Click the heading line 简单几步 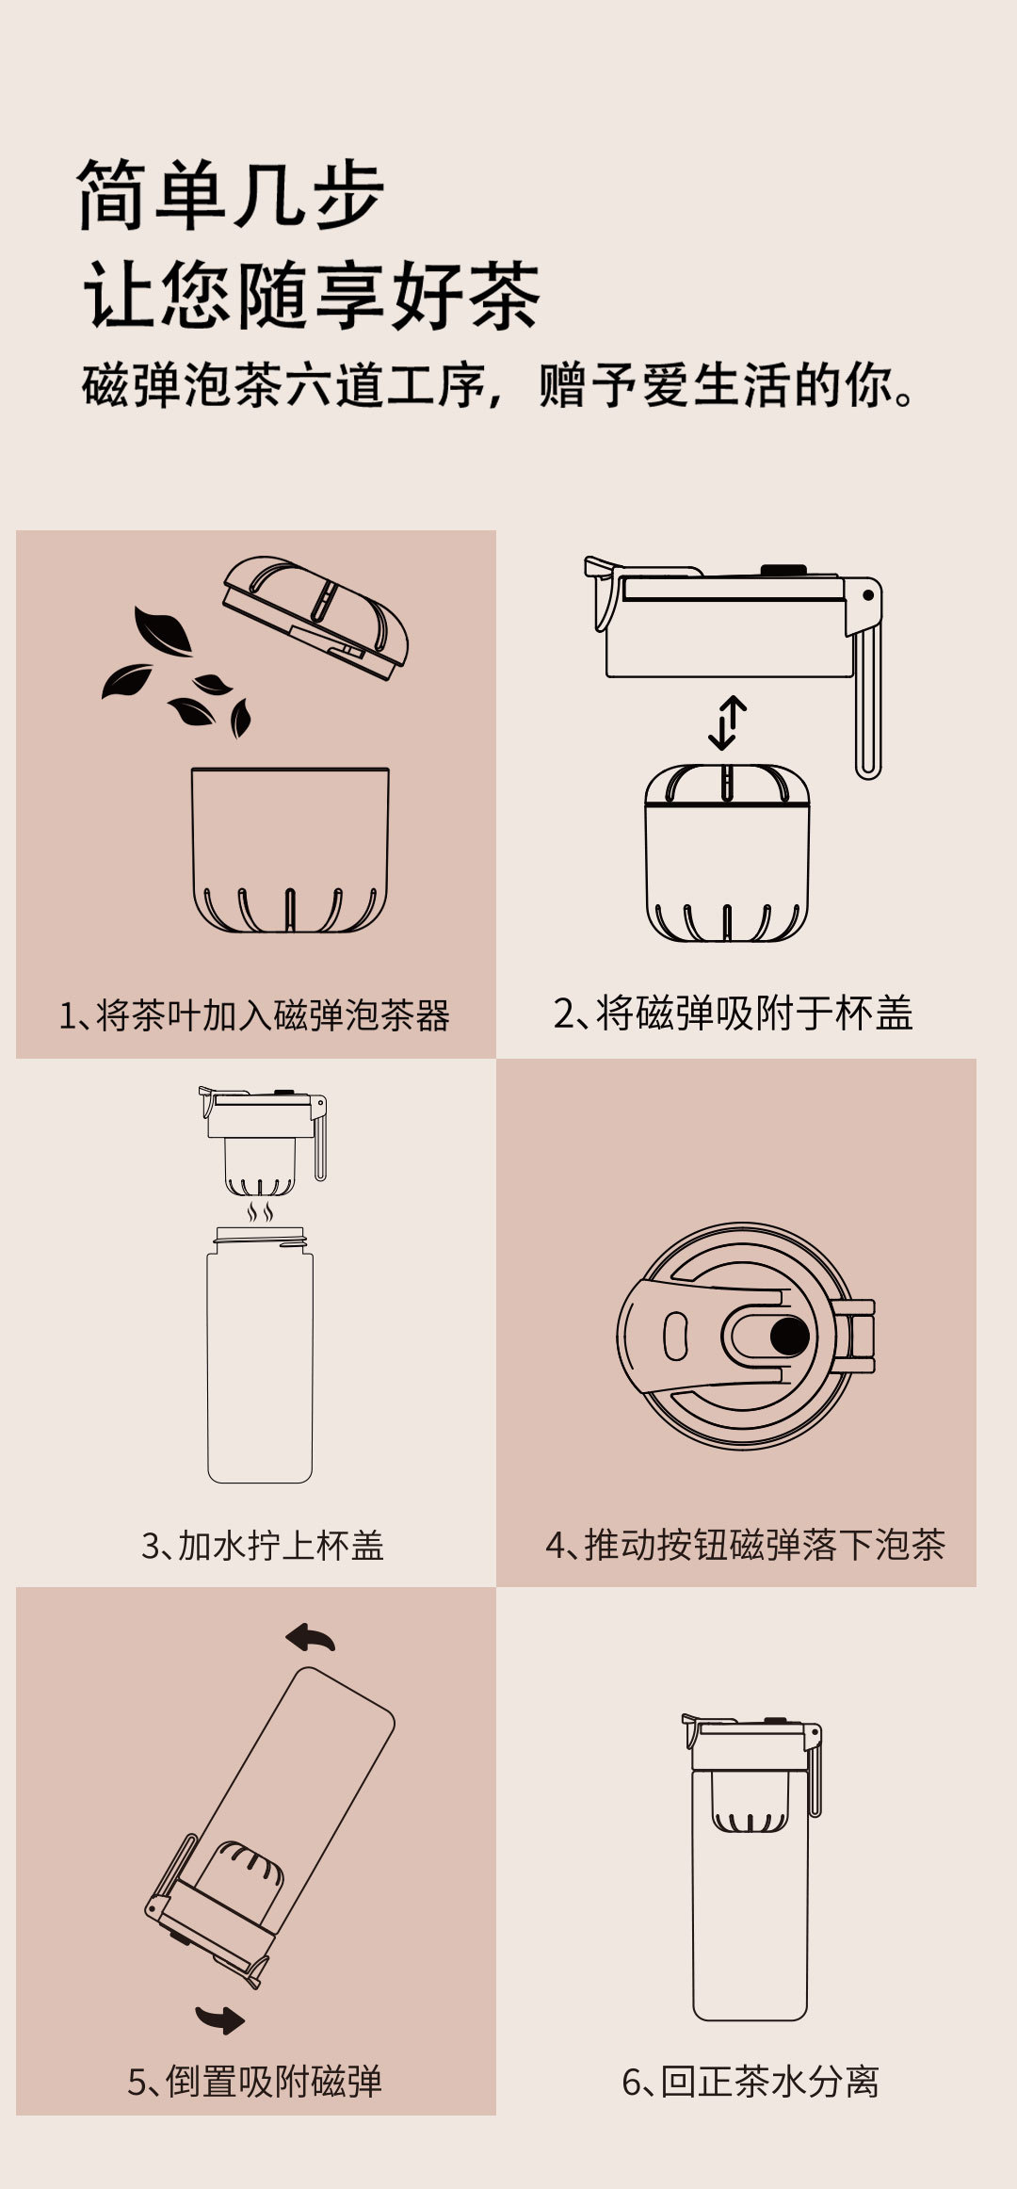(231, 195)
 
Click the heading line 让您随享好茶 (312, 296)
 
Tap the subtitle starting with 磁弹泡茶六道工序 (498, 384)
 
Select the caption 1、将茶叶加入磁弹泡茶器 (254, 1015)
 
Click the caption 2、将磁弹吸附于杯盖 (734, 1013)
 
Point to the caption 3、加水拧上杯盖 (263, 1546)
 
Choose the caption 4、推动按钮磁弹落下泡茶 (745, 1545)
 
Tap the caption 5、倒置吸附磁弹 (254, 2082)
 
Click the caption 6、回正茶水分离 (751, 2082)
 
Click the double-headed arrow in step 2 (727, 722)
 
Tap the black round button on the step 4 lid (789, 1336)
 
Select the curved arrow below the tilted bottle (219, 2019)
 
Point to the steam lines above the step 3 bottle (261, 1210)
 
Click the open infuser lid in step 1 (315, 616)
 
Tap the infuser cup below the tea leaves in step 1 (290, 851)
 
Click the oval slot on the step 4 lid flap (675, 1336)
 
